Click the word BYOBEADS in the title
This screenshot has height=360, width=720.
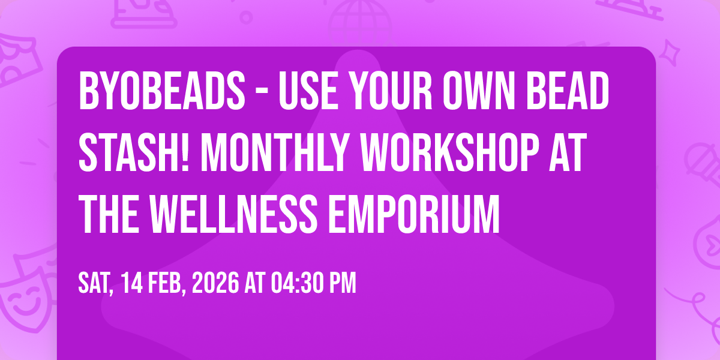point(162,91)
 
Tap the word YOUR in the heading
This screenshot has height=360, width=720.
point(391,91)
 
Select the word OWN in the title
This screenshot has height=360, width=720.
point(479,91)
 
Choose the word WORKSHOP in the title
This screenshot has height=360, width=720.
point(449,152)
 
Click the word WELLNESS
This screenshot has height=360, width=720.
point(233,214)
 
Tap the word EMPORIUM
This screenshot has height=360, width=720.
point(413,214)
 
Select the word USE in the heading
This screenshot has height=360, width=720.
point(308,91)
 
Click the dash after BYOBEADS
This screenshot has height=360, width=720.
point(262,92)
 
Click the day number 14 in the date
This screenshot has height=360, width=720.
point(132,283)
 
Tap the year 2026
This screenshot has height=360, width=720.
point(215,283)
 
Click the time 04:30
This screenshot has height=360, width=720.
point(297,283)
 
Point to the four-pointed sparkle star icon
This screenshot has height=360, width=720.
point(669,53)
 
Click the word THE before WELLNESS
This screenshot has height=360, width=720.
point(109,214)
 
